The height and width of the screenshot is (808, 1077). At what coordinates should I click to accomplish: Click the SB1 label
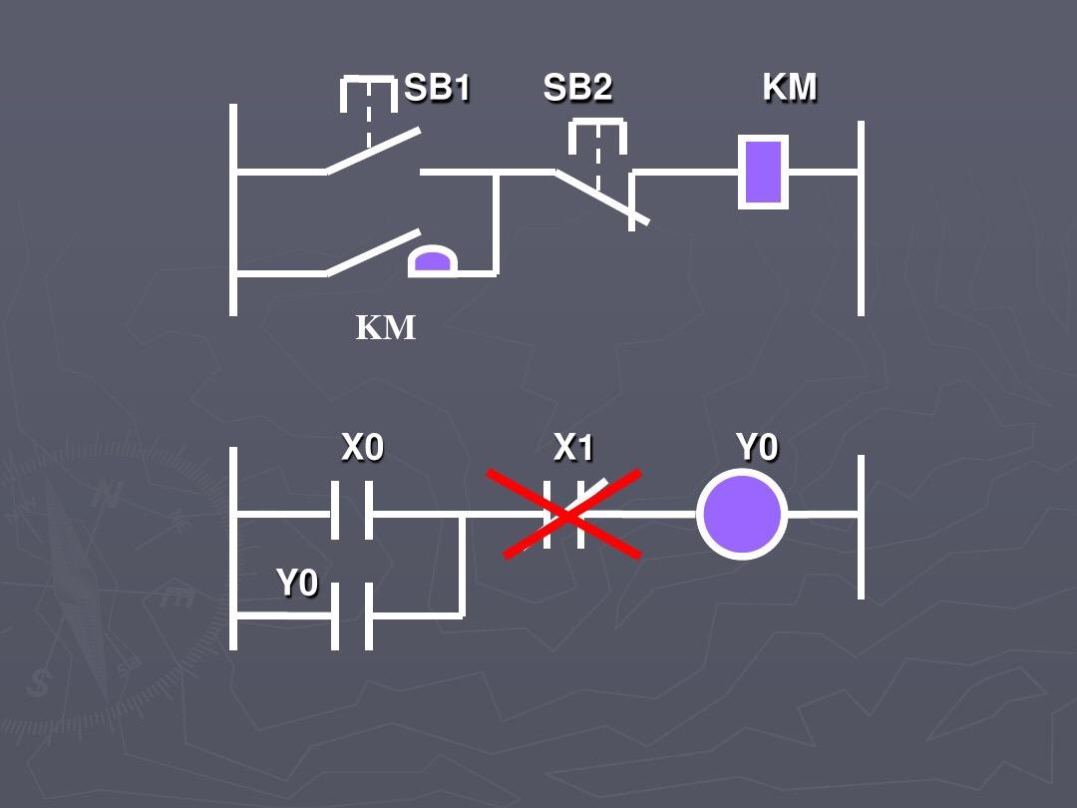point(437,89)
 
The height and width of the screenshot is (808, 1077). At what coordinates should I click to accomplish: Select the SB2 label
point(577,89)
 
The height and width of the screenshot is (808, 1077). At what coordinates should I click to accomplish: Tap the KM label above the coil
point(790,88)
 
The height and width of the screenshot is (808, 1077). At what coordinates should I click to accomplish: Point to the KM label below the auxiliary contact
point(386,327)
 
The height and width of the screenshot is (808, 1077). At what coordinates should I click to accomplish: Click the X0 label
point(362,449)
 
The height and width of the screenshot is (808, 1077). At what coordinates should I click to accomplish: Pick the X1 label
point(573,449)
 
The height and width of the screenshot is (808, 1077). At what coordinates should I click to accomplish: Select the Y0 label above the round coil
point(757,449)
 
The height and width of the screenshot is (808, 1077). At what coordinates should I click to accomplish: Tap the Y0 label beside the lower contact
point(296,583)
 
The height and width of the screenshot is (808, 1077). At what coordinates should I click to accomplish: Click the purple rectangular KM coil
point(763,172)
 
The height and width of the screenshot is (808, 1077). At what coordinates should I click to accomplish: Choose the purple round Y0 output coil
point(742,516)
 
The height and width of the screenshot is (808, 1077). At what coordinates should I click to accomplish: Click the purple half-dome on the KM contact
point(432,261)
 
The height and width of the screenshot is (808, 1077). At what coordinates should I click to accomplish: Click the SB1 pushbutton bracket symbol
point(369,95)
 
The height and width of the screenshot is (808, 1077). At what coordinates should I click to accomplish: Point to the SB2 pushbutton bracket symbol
point(597,137)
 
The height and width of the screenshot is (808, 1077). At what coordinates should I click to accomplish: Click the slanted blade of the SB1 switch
point(373,151)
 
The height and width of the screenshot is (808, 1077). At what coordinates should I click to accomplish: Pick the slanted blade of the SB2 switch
point(601,197)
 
